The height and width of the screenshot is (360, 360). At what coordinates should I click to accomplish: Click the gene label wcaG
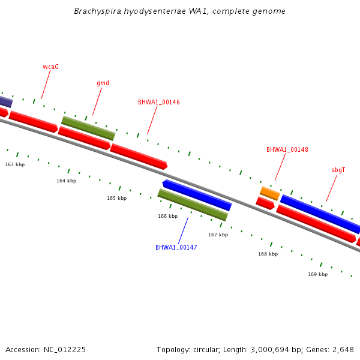coord(51,67)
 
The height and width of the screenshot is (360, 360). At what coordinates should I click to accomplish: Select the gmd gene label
coord(103,83)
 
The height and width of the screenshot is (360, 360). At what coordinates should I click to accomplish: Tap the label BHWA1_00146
coord(159,102)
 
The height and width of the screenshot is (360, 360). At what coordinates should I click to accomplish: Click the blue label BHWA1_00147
coord(176,247)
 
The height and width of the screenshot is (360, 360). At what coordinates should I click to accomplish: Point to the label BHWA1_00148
coord(287,149)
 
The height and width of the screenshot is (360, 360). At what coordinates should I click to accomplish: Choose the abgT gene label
coord(338,170)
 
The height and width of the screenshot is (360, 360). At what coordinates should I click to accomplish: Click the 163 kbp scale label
coord(15,164)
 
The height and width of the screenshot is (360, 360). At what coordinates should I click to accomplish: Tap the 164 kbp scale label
coord(67,181)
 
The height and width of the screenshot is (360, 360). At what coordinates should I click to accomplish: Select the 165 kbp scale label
coord(117,198)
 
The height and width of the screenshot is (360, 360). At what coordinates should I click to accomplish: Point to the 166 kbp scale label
coord(168,216)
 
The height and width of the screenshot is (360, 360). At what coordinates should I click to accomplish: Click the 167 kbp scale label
coord(218,235)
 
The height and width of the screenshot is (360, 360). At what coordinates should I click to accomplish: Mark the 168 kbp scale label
coord(268,254)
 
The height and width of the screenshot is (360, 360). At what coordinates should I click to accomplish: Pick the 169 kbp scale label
coord(318,274)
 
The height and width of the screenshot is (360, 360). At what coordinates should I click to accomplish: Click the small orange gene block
coord(270,193)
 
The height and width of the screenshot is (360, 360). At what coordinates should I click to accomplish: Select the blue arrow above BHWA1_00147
coord(197,195)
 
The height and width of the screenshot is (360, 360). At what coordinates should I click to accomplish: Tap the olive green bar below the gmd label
coord(88,128)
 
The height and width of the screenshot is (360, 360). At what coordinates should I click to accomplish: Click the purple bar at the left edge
coord(5,101)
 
